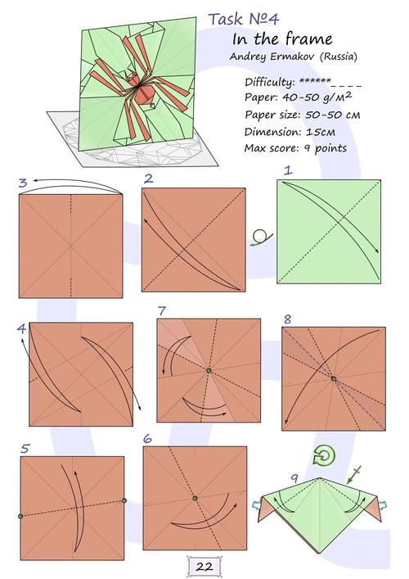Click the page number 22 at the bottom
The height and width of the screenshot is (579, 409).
(204, 567)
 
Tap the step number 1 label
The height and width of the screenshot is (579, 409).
(288, 170)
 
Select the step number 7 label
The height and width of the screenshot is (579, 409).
(161, 311)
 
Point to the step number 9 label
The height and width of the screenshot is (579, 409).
(294, 478)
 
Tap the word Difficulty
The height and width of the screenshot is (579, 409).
(269, 82)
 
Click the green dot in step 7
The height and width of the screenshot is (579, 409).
(209, 370)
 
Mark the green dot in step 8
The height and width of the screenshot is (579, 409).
(334, 378)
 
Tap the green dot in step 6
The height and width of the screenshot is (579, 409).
(195, 498)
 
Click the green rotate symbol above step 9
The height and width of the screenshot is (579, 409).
(324, 455)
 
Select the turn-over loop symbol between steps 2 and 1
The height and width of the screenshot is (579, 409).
(261, 237)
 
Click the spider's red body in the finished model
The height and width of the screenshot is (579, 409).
(145, 94)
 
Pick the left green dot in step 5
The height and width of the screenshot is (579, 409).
(20, 516)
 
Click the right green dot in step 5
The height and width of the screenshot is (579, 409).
(124, 500)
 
